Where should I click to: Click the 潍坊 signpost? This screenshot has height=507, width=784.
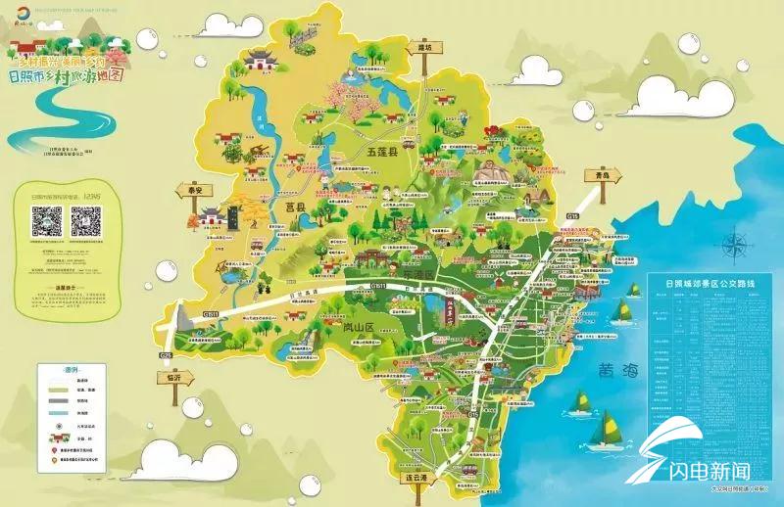pos(424,47)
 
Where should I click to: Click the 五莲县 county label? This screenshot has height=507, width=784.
pos(380,154)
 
